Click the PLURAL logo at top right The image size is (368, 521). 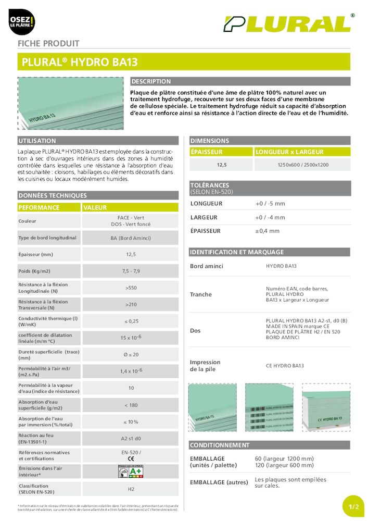[288, 23]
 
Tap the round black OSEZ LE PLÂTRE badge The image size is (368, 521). [21, 22]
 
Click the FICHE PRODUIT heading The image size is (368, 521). [48, 44]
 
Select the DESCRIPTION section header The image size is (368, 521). [151, 81]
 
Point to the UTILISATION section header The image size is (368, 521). [37, 141]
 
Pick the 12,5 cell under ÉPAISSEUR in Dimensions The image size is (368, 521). [221, 165]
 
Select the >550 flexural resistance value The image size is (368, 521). [131, 288]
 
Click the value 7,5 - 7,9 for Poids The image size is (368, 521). [131, 271]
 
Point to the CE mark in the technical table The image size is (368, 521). [131, 459]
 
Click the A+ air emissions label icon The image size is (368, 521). [131, 472]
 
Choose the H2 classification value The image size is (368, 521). [131, 489]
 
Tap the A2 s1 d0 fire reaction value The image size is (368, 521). [131, 439]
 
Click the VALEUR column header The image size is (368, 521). [95, 207]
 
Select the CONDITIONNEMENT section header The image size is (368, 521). [220, 445]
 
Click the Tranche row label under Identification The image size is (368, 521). [201, 294]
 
